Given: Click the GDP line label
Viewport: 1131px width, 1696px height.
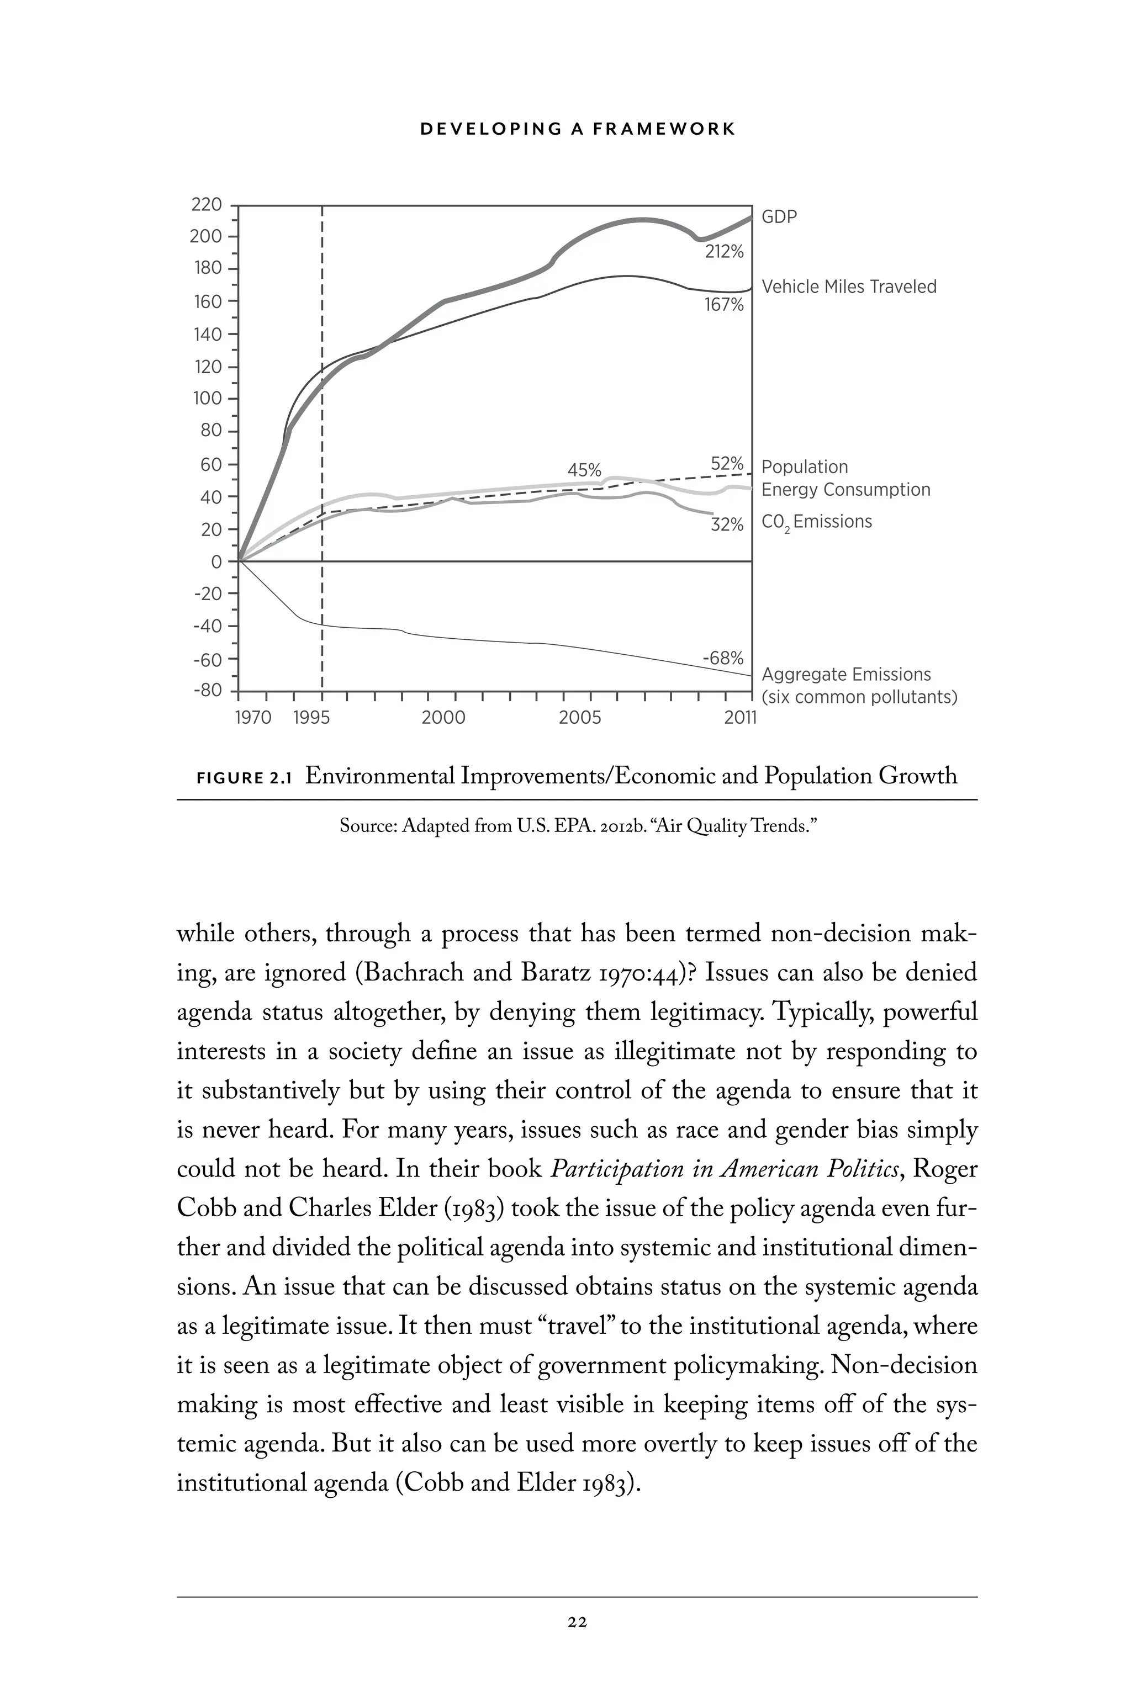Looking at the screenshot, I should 779,217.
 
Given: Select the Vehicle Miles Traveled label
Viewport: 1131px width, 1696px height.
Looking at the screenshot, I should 848,287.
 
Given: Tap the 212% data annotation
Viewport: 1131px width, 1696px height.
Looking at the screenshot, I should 723,252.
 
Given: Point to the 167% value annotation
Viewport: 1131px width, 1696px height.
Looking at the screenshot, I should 723,305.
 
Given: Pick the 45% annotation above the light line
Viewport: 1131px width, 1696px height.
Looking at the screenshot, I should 584,470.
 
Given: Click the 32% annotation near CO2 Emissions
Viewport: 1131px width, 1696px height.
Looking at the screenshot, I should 726,525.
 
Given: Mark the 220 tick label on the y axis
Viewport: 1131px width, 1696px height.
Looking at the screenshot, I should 207,205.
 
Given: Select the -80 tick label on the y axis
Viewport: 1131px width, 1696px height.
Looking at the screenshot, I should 208,690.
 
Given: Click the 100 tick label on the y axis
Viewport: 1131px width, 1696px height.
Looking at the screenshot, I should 207,399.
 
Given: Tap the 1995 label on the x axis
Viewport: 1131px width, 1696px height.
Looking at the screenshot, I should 311,718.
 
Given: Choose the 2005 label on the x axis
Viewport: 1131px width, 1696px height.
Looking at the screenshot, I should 580,718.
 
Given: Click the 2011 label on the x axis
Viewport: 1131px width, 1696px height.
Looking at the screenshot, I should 741,718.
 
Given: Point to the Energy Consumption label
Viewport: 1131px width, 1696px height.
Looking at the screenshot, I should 845,490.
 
